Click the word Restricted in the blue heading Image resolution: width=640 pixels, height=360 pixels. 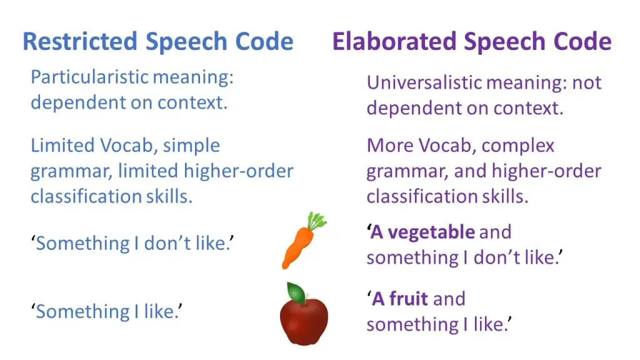pyautogui.click(x=80, y=41)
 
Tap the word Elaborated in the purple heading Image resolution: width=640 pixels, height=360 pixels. pyautogui.click(x=394, y=41)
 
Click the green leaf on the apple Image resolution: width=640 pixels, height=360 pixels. pyautogui.click(x=296, y=292)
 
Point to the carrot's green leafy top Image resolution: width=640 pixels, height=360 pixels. pyautogui.click(x=317, y=221)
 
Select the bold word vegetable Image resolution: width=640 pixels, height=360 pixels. pyautogui.click(x=431, y=232)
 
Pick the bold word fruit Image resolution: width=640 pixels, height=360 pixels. pyautogui.click(x=409, y=299)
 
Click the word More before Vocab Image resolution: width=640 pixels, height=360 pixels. pyautogui.click(x=390, y=146)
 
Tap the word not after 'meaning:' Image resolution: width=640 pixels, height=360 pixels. pyautogui.click(x=587, y=83)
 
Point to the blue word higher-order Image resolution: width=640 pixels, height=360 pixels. pyautogui.click(x=238, y=171)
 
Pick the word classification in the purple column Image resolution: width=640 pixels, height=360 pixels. pyautogui.click(x=421, y=197)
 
